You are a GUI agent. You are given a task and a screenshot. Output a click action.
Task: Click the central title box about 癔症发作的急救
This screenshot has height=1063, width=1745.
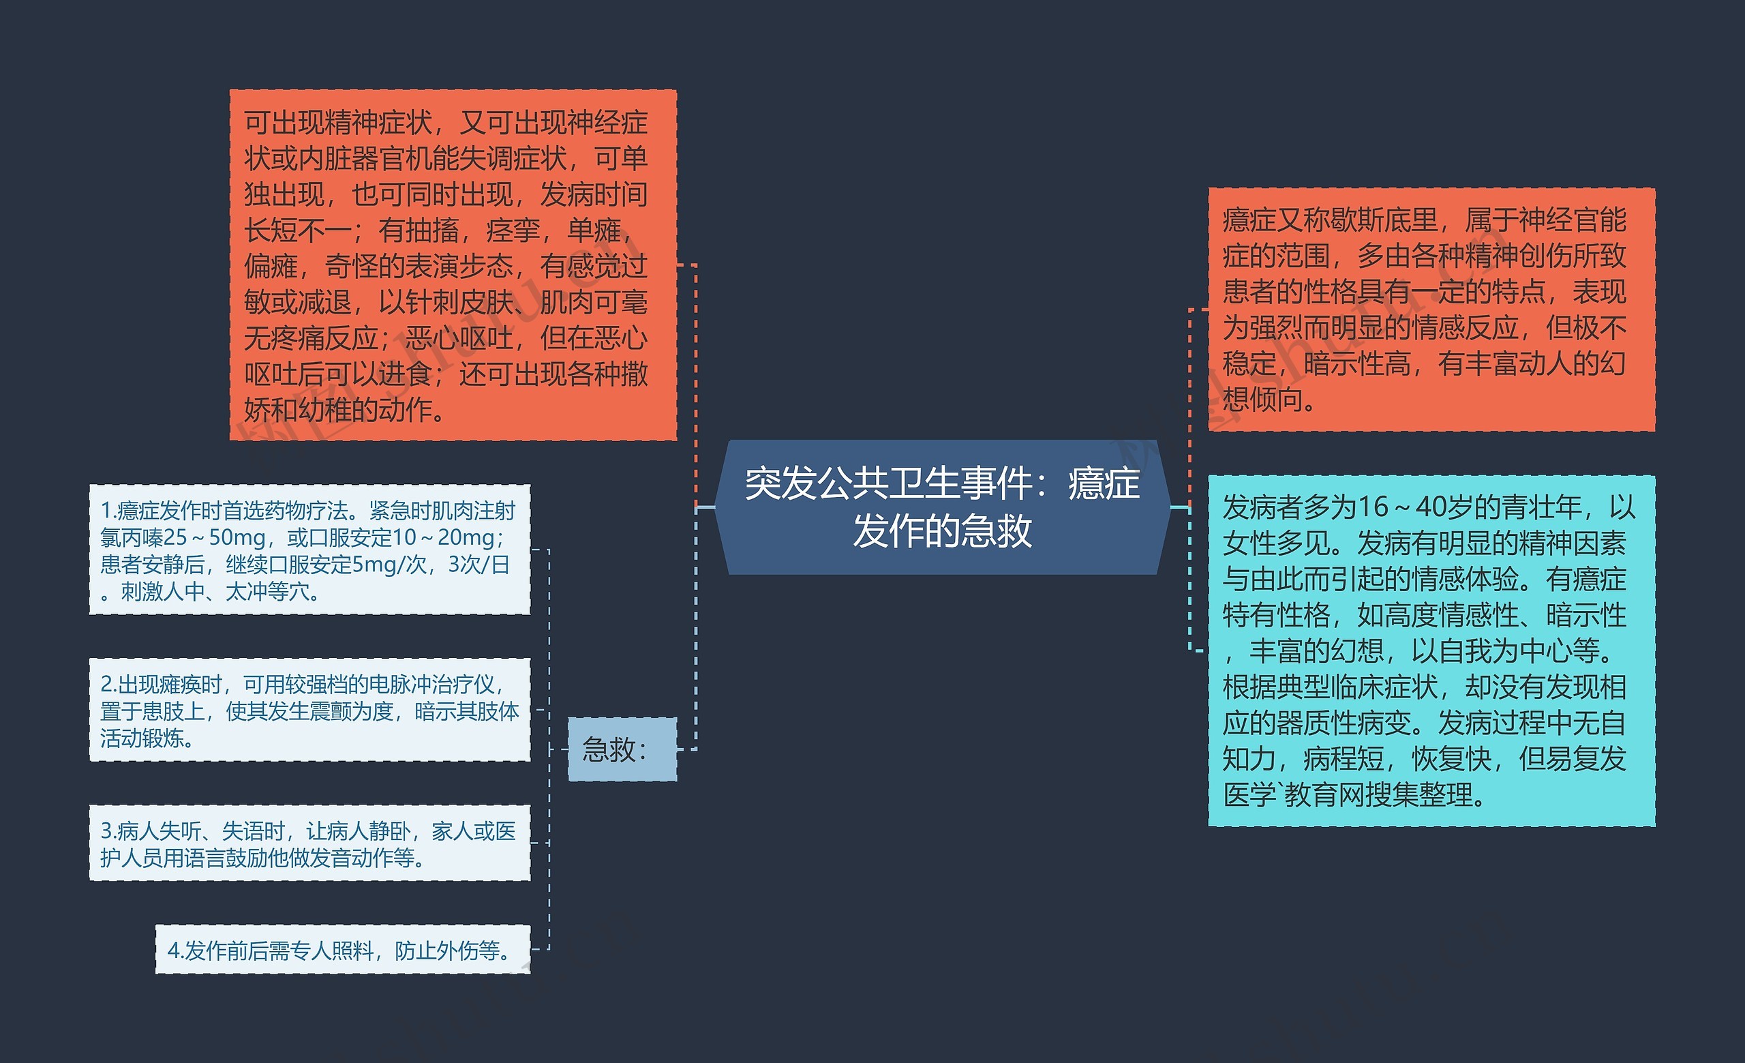click(942, 507)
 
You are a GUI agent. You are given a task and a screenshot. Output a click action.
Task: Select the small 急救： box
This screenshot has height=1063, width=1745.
click(622, 749)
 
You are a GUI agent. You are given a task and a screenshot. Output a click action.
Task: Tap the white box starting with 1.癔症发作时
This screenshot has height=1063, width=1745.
click(309, 550)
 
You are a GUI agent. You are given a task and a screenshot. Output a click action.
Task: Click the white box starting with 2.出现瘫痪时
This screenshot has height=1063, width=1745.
click(309, 710)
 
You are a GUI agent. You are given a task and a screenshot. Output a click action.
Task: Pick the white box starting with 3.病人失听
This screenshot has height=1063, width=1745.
click(309, 843)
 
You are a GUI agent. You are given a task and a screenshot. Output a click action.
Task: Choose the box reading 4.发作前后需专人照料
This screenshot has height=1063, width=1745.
click(343, 949)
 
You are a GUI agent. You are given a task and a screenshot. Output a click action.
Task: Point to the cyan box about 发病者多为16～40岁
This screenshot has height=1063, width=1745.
click(1431, 650)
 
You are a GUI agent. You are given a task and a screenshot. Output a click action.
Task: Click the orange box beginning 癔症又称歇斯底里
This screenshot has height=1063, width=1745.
click(1431, 310)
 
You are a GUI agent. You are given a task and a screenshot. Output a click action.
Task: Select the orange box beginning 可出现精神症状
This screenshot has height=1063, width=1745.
click(453, 265)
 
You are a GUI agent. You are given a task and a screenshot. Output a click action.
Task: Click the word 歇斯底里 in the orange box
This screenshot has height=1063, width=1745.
click(1384, 220)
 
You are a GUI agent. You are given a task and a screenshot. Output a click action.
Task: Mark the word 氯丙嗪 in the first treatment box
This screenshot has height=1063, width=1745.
click(131, 538)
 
